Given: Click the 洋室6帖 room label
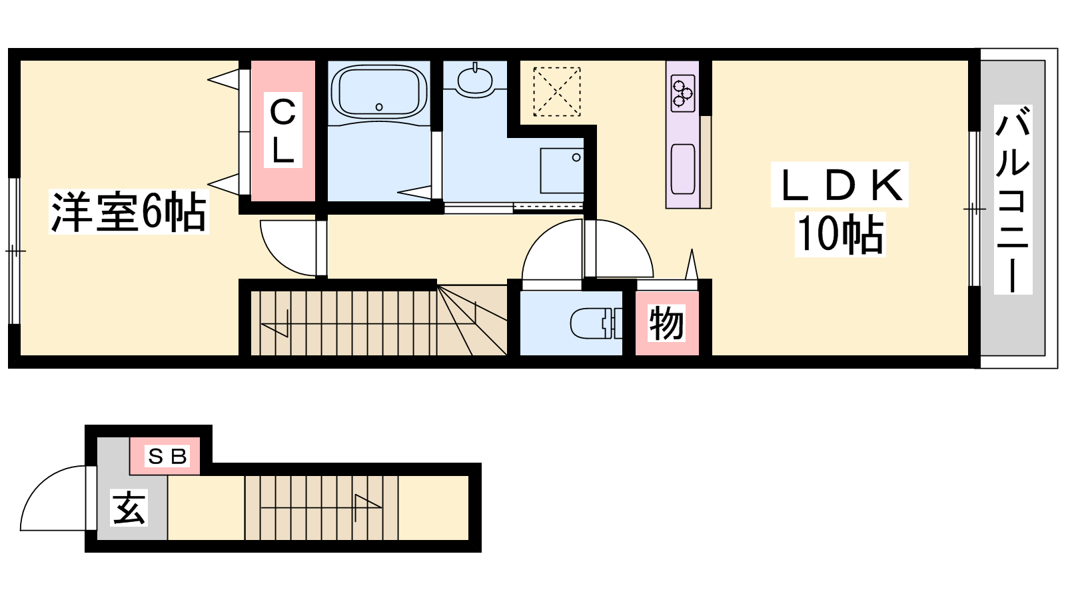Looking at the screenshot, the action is tap(129, 212).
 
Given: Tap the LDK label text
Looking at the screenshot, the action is tap(840, 185).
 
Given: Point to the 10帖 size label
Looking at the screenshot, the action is tap(840, 234).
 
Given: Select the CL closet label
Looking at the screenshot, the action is tap(282, 130).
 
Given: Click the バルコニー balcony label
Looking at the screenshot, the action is tap(1013, 199).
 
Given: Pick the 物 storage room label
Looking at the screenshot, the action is tap(666, 323).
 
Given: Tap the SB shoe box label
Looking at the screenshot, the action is tap(167, 457).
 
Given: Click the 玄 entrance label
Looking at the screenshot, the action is tap(129, 507).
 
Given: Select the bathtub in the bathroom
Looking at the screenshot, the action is tap(379, 93).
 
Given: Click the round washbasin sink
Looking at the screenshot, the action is tap(475, 80).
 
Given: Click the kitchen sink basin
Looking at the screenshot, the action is tap(683, 169).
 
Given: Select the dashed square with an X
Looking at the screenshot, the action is tap(556, 91).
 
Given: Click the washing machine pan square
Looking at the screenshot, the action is tap(562, 171).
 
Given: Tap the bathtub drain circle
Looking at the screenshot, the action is tap(379, 107).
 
